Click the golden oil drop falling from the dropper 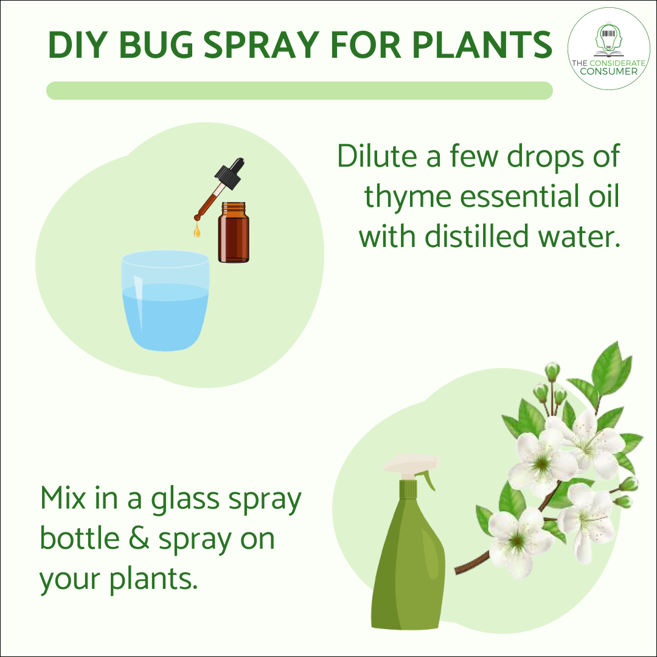(197, 231)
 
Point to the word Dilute (380, 157)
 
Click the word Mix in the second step (63, 498)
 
